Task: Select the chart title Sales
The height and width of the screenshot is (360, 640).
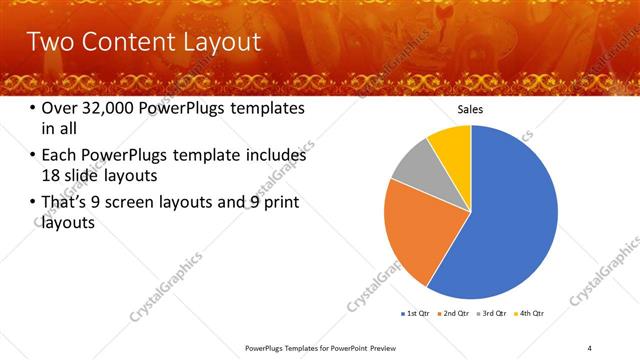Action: tap(471, 109)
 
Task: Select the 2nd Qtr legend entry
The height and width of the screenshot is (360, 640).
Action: tap(456, 313)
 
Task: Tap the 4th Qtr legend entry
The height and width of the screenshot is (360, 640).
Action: tap(530, 313)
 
